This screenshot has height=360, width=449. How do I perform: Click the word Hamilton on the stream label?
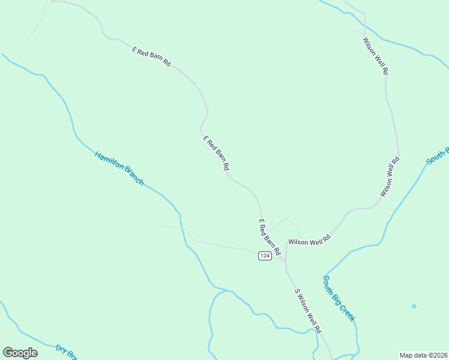coord(109,163)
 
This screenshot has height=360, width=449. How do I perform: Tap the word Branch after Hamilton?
coord(134,177)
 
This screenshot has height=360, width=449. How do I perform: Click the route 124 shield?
coord(265,256)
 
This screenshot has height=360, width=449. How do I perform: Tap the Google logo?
coord(20,353)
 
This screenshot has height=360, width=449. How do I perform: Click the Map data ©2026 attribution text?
coord(423,355)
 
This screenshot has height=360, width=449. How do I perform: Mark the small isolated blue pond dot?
coord(414,306)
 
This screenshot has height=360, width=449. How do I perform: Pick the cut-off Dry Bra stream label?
coord(67,352)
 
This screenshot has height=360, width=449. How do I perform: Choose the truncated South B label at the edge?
coord(438,155)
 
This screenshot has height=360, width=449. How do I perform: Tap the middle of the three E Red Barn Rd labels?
coord(216,152)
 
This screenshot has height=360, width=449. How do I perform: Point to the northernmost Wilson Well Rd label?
coord(376,56)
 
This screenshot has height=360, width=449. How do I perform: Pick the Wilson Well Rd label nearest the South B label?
coord(390,177)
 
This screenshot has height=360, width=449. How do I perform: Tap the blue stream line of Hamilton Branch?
coord(66,105)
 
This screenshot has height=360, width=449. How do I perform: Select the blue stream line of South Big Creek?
coord(396,210)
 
